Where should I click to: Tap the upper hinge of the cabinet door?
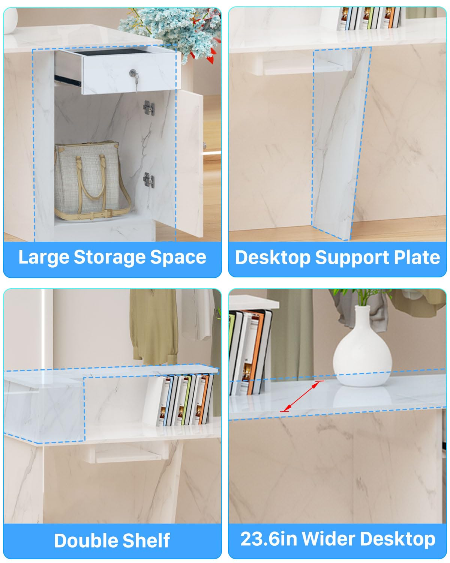(x=149, y=107)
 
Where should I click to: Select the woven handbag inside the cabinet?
(x=90, y=180)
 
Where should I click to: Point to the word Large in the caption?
(x=43, y=257)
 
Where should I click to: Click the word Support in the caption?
(x=352, y=258)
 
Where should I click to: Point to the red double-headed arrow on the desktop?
(x=302, y=396)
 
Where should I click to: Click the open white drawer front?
(x=129, y=73)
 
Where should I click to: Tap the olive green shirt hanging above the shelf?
(x=153, y=327)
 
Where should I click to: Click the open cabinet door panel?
(x=190, y=164)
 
